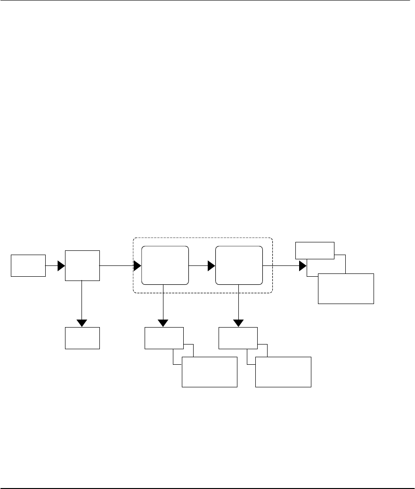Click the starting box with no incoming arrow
(29, 265)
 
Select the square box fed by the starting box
(82, 266)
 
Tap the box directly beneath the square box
(82, 338)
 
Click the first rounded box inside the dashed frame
(165, 265)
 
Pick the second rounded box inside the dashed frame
(239, 265)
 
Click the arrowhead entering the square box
(61, 266)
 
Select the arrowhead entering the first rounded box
(138, 266)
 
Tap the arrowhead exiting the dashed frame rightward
(302, 266)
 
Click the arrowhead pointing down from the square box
(82, 323)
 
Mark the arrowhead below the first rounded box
(163, 323)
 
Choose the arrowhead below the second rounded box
(239, 323)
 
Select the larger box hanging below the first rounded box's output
(209, 372)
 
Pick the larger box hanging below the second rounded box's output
(283, 372)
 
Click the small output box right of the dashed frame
(315, 250)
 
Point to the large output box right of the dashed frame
(346, 289)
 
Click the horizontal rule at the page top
(207, 0)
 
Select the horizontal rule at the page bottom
(207, 488)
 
